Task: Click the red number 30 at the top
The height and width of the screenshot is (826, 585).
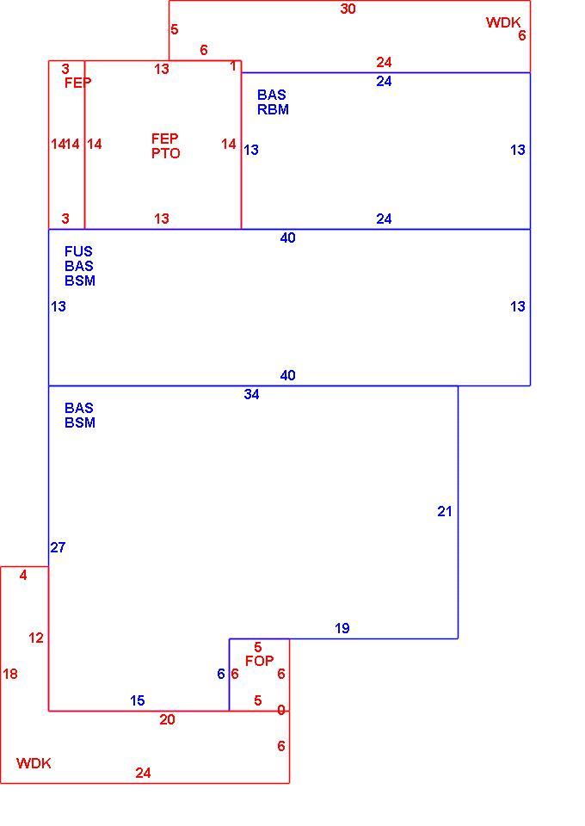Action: (x=348, y=9)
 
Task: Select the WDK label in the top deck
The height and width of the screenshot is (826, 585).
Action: (x=503, y=22)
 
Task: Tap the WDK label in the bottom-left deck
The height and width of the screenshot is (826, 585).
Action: (x=34, y=763)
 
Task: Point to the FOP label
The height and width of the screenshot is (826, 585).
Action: (x=260, y=661)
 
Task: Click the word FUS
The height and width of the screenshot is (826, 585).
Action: (x=78, y=251)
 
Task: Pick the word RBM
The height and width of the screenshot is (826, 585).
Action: (x=273, y=109)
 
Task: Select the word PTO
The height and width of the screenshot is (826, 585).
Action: (x=166, y=153)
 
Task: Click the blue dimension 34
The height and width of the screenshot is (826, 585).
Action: (x=252, y=395)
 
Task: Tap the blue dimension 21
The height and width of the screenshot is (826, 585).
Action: (x=445, y=511)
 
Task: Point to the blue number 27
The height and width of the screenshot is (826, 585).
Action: (x=58, y=548)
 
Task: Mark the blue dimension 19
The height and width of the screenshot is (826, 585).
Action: (x=342, y=628)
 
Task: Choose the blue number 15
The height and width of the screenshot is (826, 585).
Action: (x=138, y=701)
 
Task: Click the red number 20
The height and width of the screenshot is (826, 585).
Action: (x=168, y=720)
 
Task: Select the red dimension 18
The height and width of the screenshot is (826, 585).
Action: (x=10, y=674)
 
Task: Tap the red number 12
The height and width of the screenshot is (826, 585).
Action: (x=36, y=638)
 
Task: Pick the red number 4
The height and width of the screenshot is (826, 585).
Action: (x=23, y=576)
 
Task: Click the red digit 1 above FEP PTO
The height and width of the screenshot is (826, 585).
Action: (x=233, y=66)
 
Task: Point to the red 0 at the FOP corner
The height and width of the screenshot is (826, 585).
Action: (x=281, y=711)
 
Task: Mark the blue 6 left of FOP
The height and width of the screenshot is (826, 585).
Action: (x=221, y=675)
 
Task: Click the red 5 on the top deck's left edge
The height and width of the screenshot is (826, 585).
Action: (x=175, y=29)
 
